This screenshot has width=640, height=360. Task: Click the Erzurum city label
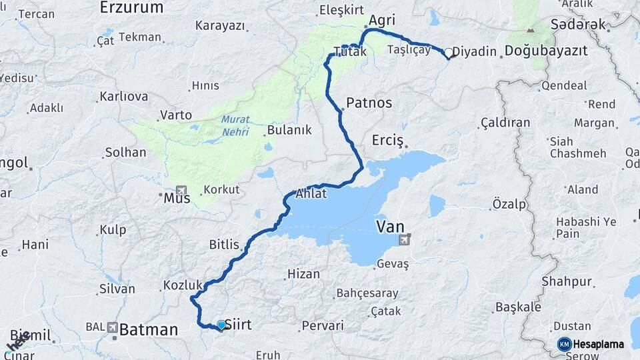[131, 8]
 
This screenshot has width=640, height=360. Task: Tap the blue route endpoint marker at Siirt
[221, 325]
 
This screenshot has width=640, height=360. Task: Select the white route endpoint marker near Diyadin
[449, 52]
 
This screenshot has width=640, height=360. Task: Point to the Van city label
[390, 227]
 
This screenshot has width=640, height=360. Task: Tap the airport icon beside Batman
[112, 328]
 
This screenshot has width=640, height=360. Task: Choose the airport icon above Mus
[181, 190]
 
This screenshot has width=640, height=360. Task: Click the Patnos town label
[369, 103]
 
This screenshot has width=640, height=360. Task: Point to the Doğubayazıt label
[546, 51]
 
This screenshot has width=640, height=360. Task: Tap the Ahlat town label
[311, 194]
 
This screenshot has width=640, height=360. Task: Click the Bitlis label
[224, 245]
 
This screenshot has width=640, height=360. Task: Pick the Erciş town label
[388, 141]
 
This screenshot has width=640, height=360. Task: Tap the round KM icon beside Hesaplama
[564, 344]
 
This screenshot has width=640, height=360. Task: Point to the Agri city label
[382, 21]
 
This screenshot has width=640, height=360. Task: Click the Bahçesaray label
[367, 293]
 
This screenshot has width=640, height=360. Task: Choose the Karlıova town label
[123, 97]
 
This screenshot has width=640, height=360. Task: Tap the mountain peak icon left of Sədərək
[531, 30]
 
